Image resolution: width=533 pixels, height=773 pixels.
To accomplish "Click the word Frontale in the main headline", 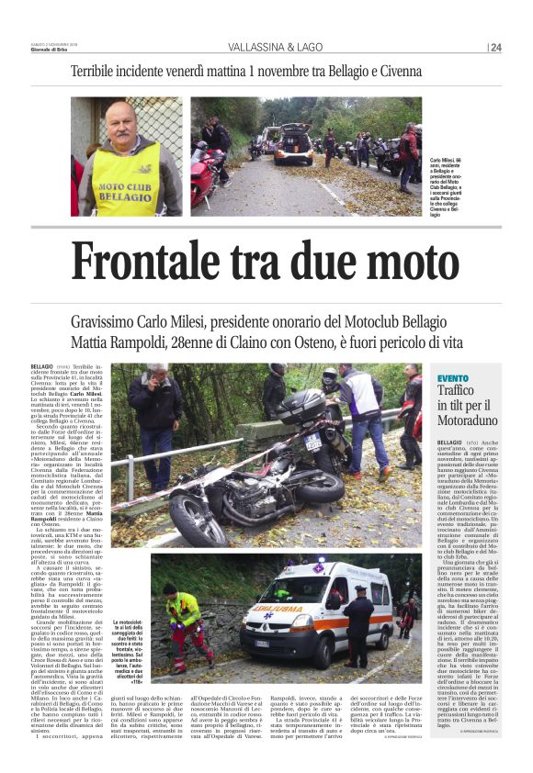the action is [x=144, y=262].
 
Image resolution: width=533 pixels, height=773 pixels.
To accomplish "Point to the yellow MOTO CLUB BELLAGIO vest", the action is [x=127, y=183].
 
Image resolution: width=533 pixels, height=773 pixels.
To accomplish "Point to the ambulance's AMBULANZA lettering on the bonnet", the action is [x=284, y=608].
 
